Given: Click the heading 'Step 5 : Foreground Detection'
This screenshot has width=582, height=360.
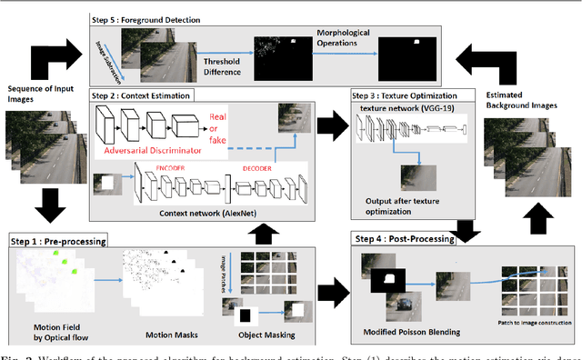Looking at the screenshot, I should [x=153, y=18].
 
